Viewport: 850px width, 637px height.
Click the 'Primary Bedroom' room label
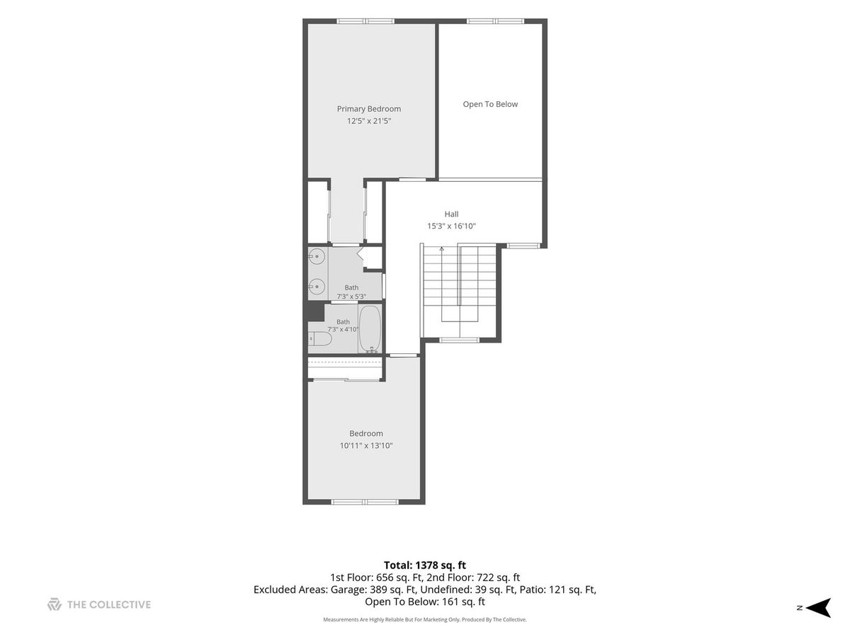tap(368, 109)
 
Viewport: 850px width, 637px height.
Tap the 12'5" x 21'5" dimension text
tap(368, 120)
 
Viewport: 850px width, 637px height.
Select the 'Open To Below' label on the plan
tap(490, 104)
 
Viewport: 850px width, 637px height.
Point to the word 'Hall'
tap(451, 214)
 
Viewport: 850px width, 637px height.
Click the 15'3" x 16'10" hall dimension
tap(451, 226)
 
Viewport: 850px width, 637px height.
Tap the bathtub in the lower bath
tap(370, 328)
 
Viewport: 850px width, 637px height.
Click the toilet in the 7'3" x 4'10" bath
tap(320, 339)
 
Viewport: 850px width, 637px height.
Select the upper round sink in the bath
tap(317, 256)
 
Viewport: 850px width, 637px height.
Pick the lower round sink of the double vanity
tap(317, 287)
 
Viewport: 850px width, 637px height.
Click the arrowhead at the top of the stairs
tap(441, 248)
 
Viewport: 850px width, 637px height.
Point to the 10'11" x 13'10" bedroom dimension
tap(366, 446)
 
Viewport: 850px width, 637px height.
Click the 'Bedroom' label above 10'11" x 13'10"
tap(366, 434)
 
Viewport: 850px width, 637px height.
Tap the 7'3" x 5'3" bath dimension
tap(351, 297)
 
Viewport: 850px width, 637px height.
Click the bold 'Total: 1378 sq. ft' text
tap(425, 566)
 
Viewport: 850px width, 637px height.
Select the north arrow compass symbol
tap(818, 607)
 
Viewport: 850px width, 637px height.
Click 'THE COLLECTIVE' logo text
tap(109, 604)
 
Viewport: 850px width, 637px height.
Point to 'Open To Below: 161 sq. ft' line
tap(425, 602)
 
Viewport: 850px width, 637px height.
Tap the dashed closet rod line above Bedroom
tap(345, 362)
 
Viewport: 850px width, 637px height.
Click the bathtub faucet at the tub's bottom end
tap(372, 350)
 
